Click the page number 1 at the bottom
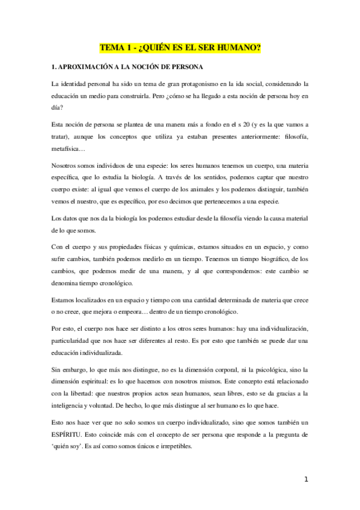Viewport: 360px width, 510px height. pyautogui.click(x=306, y=479)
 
